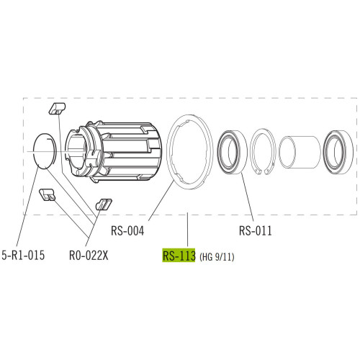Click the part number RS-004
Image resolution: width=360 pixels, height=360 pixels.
pyautogui.click(x=129, y=232)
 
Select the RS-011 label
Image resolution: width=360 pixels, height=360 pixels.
pyautogui.click(x=256, y=232)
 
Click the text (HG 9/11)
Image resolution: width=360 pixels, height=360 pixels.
pyautogui.click(x=217, y=256)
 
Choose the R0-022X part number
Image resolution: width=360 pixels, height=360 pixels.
pyautogui.click(x=90, y=254)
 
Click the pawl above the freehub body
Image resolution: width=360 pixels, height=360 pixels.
pyautogui.click(x=55, y=109)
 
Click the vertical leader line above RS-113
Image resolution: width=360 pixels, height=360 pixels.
pyautogui.click(x=187, y=230)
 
